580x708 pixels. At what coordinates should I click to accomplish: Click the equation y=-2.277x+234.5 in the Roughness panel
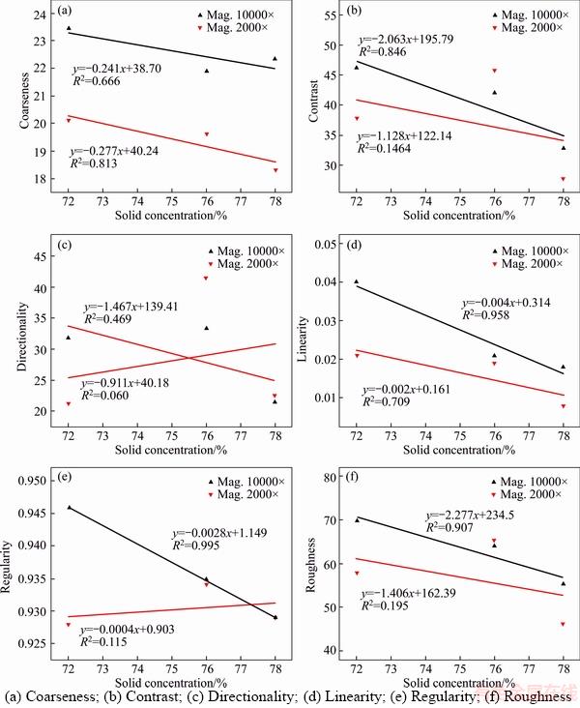(465, 516)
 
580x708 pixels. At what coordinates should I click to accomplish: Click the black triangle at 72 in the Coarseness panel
(69, 28)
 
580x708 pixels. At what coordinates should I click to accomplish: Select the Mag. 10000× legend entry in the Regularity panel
(233, 480)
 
